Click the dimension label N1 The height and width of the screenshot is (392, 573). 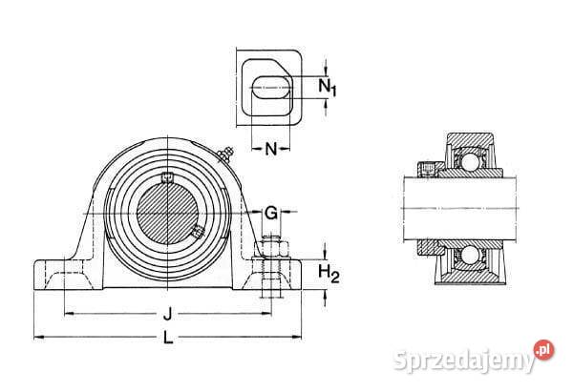327,88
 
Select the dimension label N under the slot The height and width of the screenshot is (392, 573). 271,149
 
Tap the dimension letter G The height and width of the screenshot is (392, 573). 271,213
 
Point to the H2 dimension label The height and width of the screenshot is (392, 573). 329,274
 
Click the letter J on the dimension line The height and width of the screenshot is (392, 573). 167,314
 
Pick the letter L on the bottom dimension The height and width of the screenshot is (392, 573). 168,337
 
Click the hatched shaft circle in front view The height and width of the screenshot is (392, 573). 167,213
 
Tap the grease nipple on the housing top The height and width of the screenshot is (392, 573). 225,155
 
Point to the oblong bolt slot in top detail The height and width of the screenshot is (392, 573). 271,88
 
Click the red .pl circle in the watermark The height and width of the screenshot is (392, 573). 543,350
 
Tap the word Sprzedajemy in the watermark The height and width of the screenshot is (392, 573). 464,361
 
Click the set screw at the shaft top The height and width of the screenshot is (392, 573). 167,177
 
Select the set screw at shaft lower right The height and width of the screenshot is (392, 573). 198,232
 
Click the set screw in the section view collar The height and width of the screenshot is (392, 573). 427,168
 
